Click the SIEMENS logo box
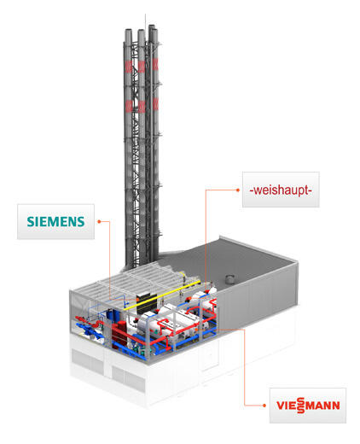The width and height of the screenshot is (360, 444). [55, 221]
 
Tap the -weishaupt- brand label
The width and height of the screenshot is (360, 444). [281, 190]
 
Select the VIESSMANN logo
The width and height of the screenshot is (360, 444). [308, 405]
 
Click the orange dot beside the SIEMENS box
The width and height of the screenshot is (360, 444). [99, 221]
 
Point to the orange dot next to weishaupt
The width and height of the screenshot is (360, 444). [238, 190]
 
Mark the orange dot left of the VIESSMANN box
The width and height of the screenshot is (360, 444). [264, 405]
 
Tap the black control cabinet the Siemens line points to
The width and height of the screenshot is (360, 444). [147, 303]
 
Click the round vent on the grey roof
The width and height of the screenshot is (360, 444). [229, 279]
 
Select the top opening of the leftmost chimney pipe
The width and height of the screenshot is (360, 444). [128, 30]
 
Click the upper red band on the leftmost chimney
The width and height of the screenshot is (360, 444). [129, 67]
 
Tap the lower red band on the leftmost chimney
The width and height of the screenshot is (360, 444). [129, 106]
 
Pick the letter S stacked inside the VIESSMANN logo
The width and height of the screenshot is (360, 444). [300, 406]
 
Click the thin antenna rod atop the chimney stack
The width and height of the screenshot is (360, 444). [145, 20]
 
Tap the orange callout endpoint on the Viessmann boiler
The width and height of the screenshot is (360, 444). [196, 330]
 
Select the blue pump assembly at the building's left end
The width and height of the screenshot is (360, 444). [89, 330]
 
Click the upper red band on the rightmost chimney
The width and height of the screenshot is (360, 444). [155, 64]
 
